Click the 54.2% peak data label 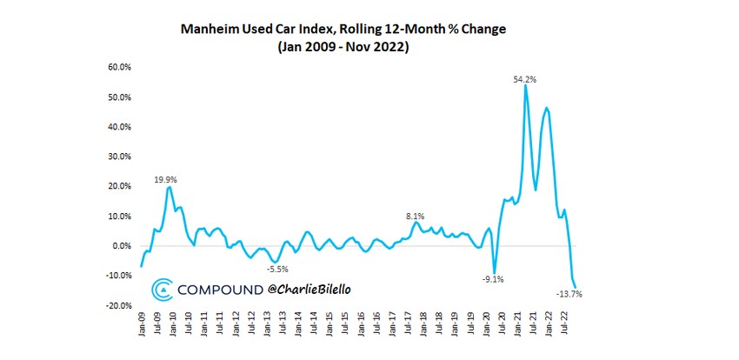pyautogui.click(x=524, y=79)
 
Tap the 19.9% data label pyautogui.click(x=166, y=180)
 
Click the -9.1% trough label pyautogui.click(x=493, y=279)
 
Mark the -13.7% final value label pyautogui.click(x=569, y=294)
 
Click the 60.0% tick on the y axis pyautogui.click(x=119, y=67)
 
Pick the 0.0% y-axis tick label pyautogui.click(x=121, y=246)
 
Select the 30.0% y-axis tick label pyautogui.click(x=119, y=157)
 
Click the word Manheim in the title pyautogui.click(x=209, y=29)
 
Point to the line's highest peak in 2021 pyautogui.click(x=525, y=86)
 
